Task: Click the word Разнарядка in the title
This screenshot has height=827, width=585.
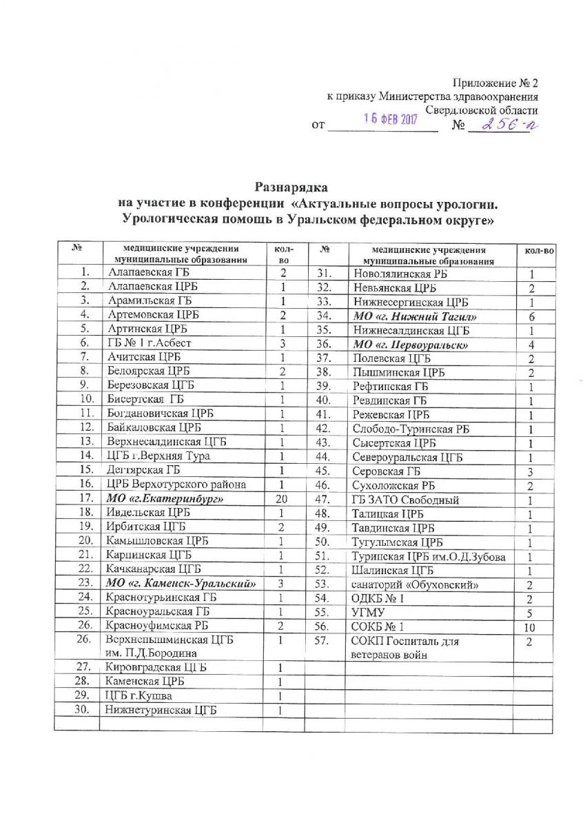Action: pyautogui.click(x=292, y=187)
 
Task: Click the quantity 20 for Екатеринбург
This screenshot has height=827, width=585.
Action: pyautogui.click(x=281, y=498)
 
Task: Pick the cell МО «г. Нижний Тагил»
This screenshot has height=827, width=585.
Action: pyautogui.click(x=406, y=316)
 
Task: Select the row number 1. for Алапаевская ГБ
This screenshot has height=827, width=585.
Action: pyautogui.click(x=85, y=272)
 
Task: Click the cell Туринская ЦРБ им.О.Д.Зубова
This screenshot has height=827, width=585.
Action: pyautogui.click(x=424, y=556)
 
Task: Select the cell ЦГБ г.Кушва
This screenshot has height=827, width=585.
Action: pyautogui.click(x=136, y=696)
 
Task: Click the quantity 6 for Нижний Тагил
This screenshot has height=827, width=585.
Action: pyautogui.click(x=532, y=316)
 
